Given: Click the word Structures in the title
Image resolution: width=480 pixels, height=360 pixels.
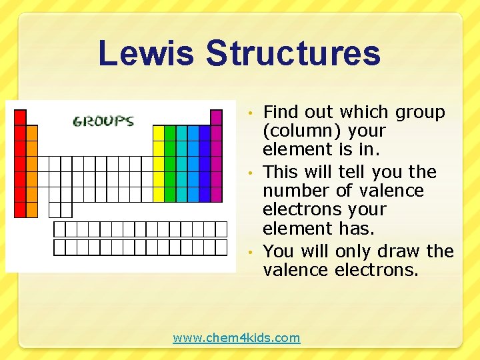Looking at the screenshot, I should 293,53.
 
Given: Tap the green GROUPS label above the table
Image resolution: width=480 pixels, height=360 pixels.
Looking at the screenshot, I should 103,121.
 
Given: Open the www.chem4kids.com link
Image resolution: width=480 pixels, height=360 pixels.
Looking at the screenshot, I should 237,338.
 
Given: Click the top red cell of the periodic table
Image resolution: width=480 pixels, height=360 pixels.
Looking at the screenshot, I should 20,117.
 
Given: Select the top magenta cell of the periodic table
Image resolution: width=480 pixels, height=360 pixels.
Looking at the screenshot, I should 216,117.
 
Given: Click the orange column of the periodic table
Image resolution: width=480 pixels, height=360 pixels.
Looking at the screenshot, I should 31,171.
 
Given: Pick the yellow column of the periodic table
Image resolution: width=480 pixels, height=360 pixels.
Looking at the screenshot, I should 158,163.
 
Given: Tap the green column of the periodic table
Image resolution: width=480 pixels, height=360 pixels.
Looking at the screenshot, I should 170,163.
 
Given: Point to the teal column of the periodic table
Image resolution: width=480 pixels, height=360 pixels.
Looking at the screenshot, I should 181,163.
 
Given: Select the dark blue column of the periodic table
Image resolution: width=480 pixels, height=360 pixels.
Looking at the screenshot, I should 205,163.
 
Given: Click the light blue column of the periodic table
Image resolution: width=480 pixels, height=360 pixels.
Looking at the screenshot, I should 193,163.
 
